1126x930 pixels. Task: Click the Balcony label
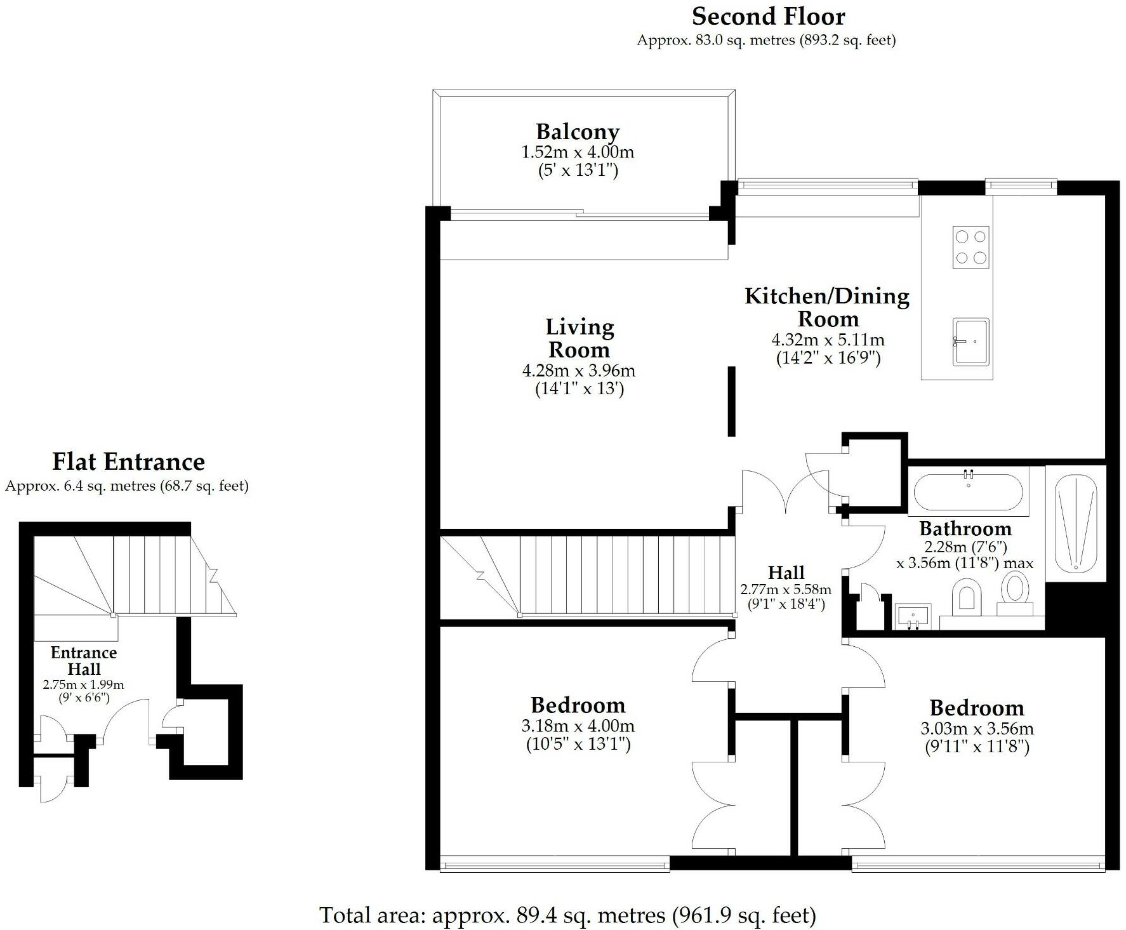tap(577, 131)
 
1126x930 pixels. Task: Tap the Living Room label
tap(580, 338)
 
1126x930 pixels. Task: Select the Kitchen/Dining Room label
tap(827, 307)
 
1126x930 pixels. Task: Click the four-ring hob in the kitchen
tap(970, 247)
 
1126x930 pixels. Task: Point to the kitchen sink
tap(970, 342)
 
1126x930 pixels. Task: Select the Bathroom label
tap(965, 528)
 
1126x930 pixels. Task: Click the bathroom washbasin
tap(913, 616)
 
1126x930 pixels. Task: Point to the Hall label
tap(786, 573)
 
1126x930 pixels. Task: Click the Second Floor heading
tap(768, 16)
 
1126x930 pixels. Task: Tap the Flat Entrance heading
tap(128, 462)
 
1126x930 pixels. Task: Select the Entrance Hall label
tap(84, 661)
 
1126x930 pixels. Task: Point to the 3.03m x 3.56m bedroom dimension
tap(977, 729)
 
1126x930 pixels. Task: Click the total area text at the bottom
tap(567, 915)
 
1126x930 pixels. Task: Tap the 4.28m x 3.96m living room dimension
tap(579, 371)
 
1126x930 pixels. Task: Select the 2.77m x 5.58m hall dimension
tap(786, 590)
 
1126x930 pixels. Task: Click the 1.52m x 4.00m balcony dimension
tap(577, 152)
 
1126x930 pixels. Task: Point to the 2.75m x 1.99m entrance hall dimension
tap(83, 684)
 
